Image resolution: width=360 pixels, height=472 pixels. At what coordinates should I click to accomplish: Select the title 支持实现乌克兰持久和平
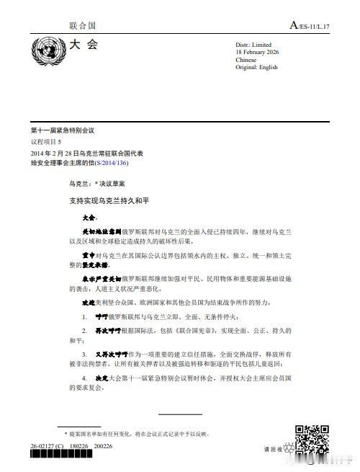pos(107,199)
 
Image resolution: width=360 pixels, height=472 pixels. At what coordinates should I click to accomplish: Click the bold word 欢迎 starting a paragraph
pos(89,303)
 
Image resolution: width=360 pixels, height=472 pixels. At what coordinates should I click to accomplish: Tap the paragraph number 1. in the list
pos(85,316)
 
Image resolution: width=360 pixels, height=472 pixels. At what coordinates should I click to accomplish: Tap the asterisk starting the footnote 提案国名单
pos(67,433)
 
